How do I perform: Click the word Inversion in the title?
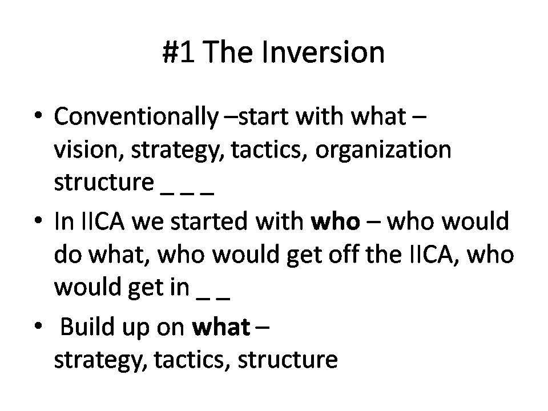[x=323, y=52]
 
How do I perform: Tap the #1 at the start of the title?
[x=178, y=52]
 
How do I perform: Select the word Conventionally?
[x=136, y=117]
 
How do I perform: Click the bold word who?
[x=336, y=222]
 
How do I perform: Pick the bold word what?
[x=221, y=327]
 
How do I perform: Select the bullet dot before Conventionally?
[x=38, y=115]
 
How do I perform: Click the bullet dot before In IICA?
[x=38, y=220]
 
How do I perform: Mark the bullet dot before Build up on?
[x=38, y=326]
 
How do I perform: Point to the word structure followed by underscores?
[x=104, y=183]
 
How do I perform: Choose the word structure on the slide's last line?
[x=288, y=360]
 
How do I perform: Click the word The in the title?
[x=227, y=52]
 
